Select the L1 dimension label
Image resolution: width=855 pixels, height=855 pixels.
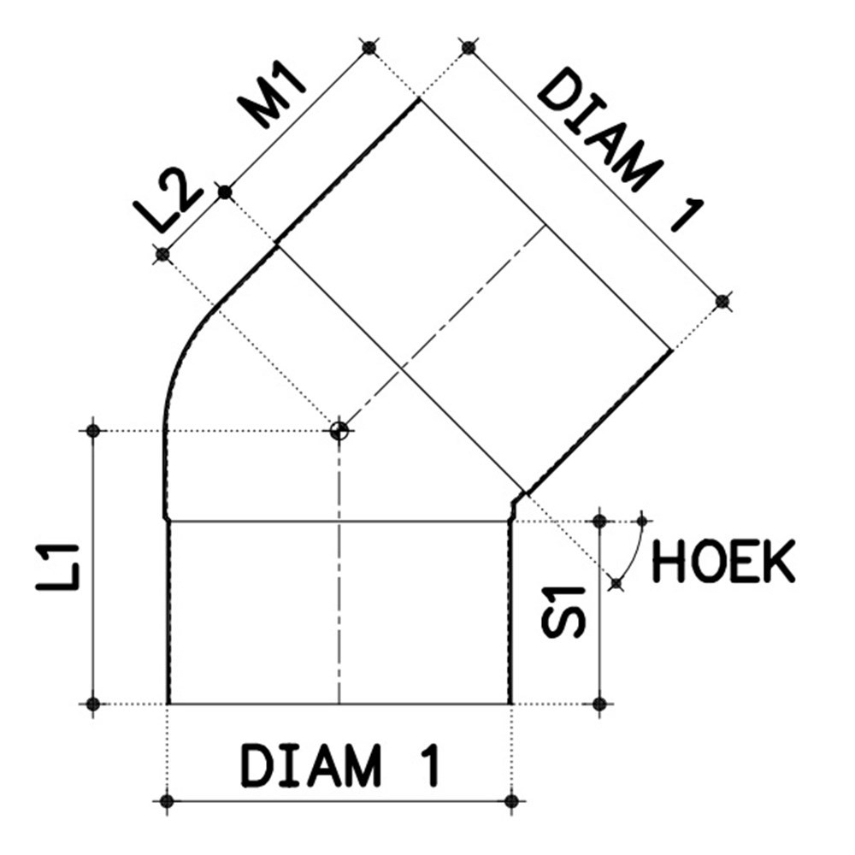click(x=59, y=566)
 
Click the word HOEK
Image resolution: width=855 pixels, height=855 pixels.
click(x=723, y=562)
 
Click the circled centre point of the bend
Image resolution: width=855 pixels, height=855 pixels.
click(x=339, y=430)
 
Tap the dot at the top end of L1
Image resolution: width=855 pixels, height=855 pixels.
click(x=94, y=430)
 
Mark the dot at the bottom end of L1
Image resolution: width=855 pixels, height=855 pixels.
click(x=94, y=704)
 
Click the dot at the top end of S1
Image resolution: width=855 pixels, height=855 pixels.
click(x=599, y=520)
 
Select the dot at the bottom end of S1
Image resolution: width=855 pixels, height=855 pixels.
click(x=599, y=704)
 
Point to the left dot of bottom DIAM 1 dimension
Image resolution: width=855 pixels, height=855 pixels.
click(x=167, y=801)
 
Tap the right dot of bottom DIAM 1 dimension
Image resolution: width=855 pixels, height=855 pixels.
click(x=511, y=801)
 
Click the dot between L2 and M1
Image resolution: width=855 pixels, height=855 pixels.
click(x=224, y=192)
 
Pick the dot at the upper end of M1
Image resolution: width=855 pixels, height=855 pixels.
click(x=369, y=47)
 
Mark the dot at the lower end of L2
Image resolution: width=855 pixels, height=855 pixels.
click(x=162, y=254)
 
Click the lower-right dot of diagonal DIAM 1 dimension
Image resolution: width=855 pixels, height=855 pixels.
click(x=722, y=300)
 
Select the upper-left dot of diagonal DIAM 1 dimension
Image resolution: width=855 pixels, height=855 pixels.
click(x=468, y=47)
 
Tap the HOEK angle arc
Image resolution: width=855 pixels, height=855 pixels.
click(x=631, y=551)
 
